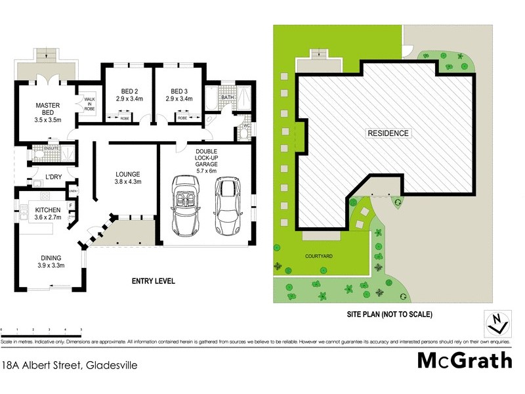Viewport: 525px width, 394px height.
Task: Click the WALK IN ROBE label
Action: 88,103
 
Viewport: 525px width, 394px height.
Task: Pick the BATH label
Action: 227,97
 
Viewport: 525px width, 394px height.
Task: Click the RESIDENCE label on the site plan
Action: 388,133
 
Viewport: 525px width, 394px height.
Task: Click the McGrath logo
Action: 464,361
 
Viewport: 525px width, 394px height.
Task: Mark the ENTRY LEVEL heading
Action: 154,281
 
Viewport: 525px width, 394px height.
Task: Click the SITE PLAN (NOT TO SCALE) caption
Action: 389,315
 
